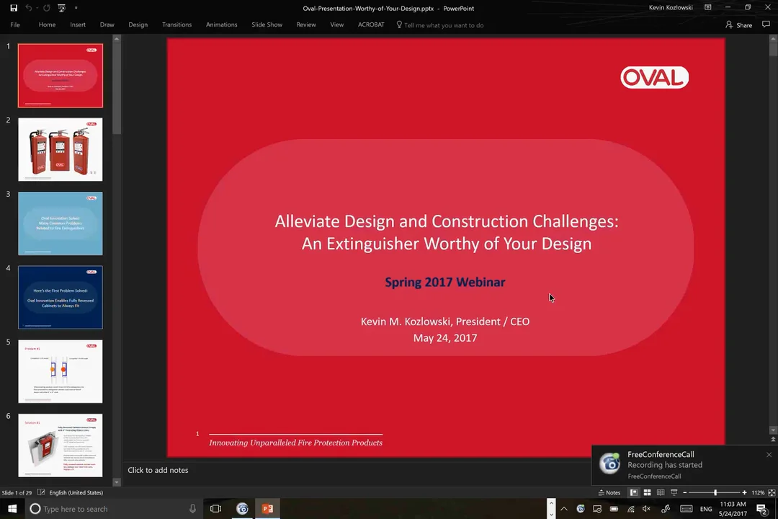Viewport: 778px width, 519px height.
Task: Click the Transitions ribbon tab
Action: (176, 25)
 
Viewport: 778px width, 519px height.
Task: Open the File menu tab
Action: (15, 25)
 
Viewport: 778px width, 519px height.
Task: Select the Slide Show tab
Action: (267, 25)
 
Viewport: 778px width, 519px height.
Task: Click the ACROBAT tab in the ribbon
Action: (371, 25)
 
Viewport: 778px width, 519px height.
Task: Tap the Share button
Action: (739, 25)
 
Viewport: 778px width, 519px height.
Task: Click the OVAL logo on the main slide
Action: (654, 77)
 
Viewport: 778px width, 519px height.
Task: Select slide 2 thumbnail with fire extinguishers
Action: (61, 150)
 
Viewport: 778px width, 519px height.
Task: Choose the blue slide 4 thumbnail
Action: (61, 297)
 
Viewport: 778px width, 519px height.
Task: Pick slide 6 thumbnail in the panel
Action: (61, 445)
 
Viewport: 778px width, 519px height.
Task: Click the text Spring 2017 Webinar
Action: (444, 282)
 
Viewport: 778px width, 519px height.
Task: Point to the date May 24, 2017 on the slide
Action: (444, 337)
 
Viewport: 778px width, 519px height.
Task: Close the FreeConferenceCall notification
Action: (769, 455)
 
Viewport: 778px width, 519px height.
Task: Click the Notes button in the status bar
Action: (609, 492)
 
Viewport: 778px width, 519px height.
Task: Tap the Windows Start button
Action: (12, 509)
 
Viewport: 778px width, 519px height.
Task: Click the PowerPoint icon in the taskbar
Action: (267, 509)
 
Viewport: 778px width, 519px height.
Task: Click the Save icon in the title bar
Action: (14, 8)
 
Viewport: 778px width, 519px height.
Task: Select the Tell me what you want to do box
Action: (443, 25)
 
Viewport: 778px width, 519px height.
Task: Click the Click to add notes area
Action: (158, 470)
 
